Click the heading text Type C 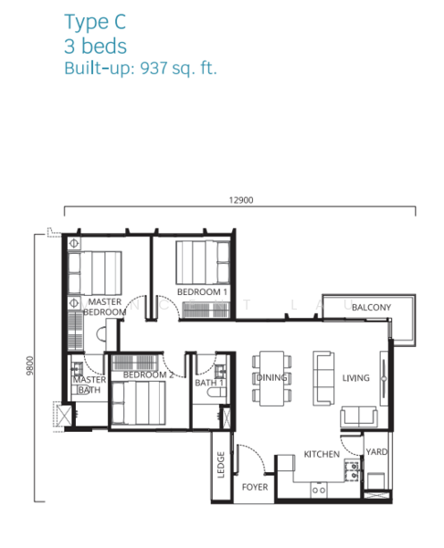95,22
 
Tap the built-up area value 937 153,68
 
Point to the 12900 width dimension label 241,200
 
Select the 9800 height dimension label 30,365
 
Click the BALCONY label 371,308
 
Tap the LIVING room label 355,378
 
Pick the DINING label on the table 272,377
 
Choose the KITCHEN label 322,454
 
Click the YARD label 376,452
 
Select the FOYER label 255,487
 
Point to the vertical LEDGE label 220,465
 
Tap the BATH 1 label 209,383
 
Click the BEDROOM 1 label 202,292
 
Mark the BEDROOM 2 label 148,374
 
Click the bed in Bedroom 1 203,262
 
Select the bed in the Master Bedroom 95,273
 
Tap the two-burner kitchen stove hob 352,471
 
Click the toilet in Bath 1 217,393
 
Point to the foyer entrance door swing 252,457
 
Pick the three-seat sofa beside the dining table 323,378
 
